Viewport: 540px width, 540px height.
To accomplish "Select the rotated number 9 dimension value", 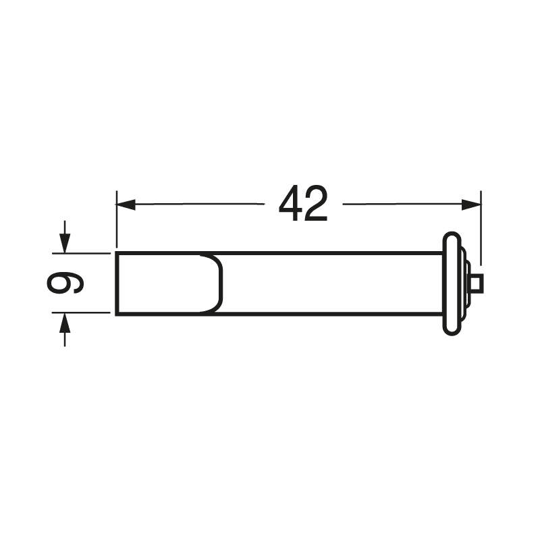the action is coord(65,283).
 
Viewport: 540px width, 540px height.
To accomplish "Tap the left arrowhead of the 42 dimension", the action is coord(126,205).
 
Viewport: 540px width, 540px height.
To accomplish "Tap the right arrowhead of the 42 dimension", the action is coord(471,205).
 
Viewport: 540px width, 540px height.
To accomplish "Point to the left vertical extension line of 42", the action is coord(117,219).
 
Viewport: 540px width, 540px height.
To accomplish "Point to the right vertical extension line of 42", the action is coord(481,228).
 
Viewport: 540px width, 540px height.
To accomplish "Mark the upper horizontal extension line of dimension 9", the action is coord(81,254).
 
